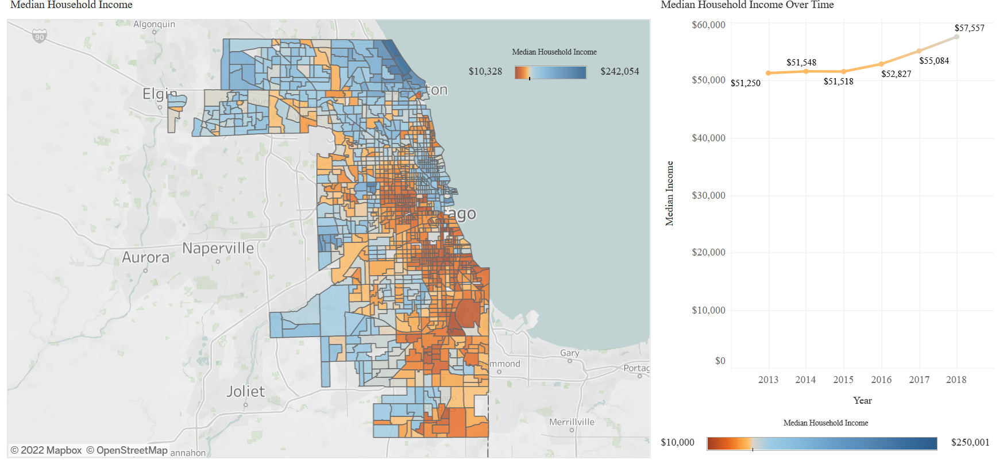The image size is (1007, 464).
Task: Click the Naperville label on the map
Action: coord(218,249)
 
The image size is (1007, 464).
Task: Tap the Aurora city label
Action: coord(145,257)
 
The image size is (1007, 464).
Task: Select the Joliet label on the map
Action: coord(245,392)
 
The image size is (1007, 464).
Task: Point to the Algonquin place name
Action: coord(154,24)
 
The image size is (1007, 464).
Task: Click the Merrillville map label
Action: coord(572,422)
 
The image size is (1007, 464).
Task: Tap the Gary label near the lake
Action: coord(569,353)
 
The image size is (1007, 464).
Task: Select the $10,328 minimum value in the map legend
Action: coord(485,72)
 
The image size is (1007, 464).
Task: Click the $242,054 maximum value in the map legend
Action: coord(619,72)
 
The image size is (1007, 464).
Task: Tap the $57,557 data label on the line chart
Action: coord(969,28)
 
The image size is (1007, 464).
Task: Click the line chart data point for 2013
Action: coord(768,73)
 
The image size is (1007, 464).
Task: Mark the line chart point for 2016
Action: coord(881,64)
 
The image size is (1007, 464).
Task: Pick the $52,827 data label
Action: coord(896,74)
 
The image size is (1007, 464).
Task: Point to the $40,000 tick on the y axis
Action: coord(708,138)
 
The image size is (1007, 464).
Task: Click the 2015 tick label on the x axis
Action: coord(843,380)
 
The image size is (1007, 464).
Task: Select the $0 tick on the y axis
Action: coord(720,361)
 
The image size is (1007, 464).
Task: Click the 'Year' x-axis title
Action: coord(862,401)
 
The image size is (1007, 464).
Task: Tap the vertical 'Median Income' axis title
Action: coord(669,194)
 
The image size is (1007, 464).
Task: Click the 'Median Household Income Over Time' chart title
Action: coord(747,5)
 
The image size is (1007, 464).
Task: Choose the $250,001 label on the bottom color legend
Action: coord(970,442)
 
